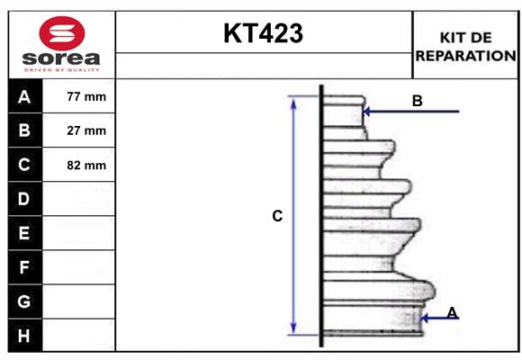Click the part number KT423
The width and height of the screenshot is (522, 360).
click(263, 34)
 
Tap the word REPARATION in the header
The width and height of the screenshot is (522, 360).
click(465, 55)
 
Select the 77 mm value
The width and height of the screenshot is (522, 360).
click(86, 96)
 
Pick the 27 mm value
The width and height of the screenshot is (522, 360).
click(86, 130)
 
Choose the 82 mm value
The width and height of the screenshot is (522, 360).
click(86, 165)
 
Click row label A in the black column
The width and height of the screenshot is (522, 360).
click(24, 96)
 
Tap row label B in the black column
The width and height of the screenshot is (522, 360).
click(24, 130)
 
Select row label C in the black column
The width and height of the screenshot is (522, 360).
click(24, 165)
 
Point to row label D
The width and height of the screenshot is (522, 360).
click(24, 198)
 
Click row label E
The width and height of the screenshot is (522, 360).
click(24, 233)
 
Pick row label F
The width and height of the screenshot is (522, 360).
click(24, 267)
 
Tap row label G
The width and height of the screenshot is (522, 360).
click(24, 301)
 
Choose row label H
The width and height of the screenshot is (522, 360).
click(24, 336)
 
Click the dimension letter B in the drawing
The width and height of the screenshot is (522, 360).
click(417, 101)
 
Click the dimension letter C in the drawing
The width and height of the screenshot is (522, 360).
click(278, 216)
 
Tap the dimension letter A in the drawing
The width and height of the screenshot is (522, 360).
click(452, 312)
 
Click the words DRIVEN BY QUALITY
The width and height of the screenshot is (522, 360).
click(60, 68)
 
